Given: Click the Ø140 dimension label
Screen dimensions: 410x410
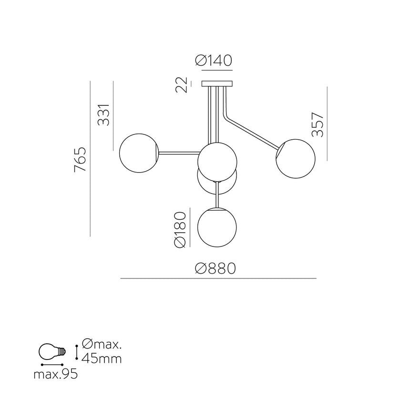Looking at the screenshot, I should click(x=214, y=61).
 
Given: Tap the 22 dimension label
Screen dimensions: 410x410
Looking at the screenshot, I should click(x=181, y=85).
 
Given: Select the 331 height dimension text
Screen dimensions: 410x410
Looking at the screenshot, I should click(x=104, y=115).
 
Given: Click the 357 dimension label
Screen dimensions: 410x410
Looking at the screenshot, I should click(x=318, y=124).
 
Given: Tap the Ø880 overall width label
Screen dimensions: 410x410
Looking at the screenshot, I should click(x=215, y=269).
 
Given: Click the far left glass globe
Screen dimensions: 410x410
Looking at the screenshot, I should click(x=138, y=153).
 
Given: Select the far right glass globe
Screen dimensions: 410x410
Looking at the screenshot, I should click(x=296, y=159).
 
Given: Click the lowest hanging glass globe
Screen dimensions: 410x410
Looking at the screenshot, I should click(x=217, y=227).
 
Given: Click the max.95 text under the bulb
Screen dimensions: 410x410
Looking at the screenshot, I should click(x=55, y=375).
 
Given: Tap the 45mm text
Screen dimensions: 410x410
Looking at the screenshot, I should click(x=102, y=358).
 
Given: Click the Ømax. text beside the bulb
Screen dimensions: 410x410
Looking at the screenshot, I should click(x=102, y=344).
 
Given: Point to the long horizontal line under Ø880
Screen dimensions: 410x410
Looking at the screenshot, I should click(x=218, y=278).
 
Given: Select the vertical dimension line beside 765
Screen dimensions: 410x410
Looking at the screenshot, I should click(x=90, y=159).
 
